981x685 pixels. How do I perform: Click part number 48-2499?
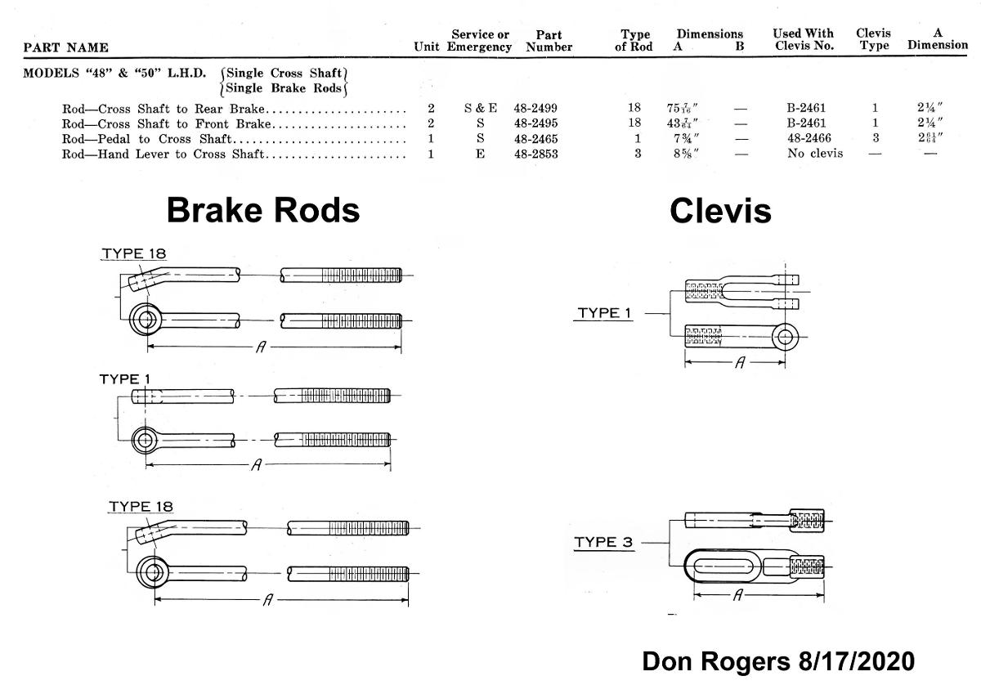click(535, 109)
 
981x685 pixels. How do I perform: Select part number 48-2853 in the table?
click(535, 154)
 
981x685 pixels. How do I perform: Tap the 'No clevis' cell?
click(815, 154)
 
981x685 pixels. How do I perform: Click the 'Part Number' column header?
click(549, 41)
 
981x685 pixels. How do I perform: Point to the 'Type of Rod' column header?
click(635, 41)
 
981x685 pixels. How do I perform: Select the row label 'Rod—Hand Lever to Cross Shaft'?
click(163, 154)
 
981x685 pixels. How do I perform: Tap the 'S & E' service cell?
click(480, 109)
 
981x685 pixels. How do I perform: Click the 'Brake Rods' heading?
click(262, 210)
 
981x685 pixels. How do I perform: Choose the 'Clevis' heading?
click(719, 211)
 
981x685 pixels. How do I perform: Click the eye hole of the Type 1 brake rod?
click(146, 440)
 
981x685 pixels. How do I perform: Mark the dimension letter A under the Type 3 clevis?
click(737, 596)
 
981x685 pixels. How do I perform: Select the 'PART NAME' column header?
click(66, 47)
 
